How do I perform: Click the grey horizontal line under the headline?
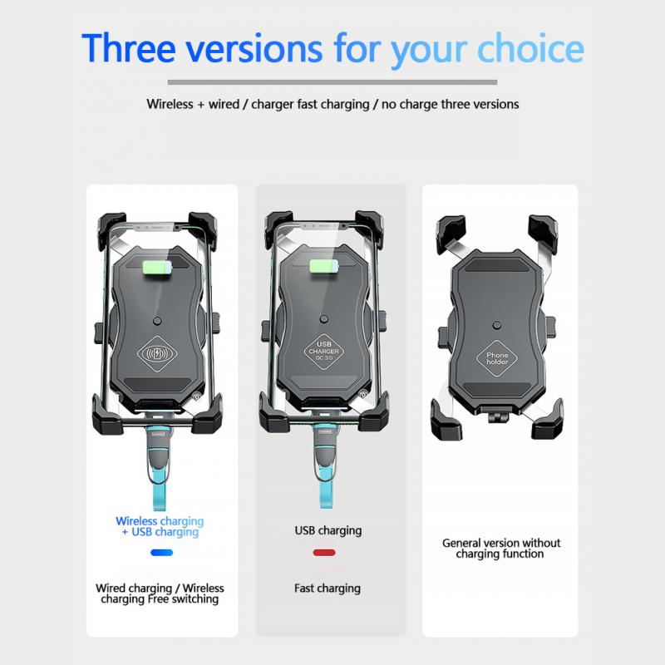[x=332, y=82]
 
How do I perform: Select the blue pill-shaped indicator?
[x=161, y=552]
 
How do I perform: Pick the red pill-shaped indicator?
[x=324, y=552]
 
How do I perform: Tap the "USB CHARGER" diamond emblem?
[x=323, y=351]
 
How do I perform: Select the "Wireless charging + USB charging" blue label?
[x=159, y=526]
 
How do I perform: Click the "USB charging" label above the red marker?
[x=328, y=530]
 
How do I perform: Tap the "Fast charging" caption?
[x=328, y=588]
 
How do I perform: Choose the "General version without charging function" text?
[x=500, y=548]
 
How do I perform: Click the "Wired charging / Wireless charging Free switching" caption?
[x=160, y=594]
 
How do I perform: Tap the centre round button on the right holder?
[x=496, y=326]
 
